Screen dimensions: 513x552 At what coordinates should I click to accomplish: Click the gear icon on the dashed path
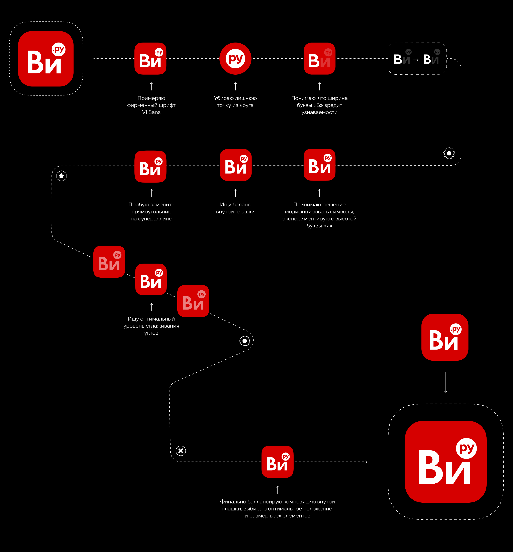coord(449,153)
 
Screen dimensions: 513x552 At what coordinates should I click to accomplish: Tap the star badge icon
coord(61,176)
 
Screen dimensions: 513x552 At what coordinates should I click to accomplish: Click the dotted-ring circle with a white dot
coord(244,341)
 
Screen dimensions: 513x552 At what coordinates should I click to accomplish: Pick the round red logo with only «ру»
coord(235,59)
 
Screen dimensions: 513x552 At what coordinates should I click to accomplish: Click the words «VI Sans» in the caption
coord(151,112)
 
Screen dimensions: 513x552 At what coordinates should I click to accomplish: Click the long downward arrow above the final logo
coord(446,382)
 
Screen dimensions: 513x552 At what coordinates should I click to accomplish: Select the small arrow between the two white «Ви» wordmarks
coord(416,60)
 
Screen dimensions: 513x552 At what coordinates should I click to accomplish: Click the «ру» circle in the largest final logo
coord(466,448)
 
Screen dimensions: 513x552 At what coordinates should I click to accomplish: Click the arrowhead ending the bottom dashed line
coord(367,462)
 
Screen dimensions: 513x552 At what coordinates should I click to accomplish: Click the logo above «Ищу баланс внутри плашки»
coord(235,165)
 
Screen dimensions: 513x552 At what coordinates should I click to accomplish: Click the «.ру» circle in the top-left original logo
coord(59,49)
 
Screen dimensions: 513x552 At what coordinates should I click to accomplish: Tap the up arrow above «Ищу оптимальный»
coord(151,307)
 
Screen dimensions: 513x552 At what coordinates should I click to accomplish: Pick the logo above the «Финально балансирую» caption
coord(278,462)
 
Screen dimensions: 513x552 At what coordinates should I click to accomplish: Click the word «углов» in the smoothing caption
coord(151,333)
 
